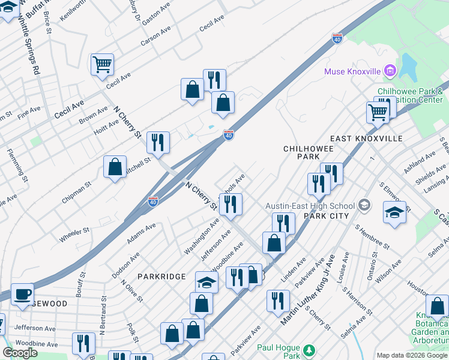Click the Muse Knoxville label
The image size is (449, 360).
pyautogui.click(x=352, y=71)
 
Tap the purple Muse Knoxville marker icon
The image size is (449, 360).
pyautogui.click(x=390, y=71)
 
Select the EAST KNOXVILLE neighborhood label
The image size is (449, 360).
pyautogui.click(x=366, y=138)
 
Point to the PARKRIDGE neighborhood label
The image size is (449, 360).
pyautogui.click(x=160, y=277)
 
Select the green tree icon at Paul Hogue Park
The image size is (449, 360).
pyautogui.click(x=309, y=349)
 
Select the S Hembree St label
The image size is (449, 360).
pyautogui.click(x=372, y=236)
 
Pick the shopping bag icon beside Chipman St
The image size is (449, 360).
pyautogui.click(x=115, y=167)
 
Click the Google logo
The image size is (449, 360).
pyautogui.click(x=20, y=353)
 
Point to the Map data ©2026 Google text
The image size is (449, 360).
pyautogui.click(x=411, y=355)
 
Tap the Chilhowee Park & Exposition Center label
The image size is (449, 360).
pyautogui.click(x=414, y=95)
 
